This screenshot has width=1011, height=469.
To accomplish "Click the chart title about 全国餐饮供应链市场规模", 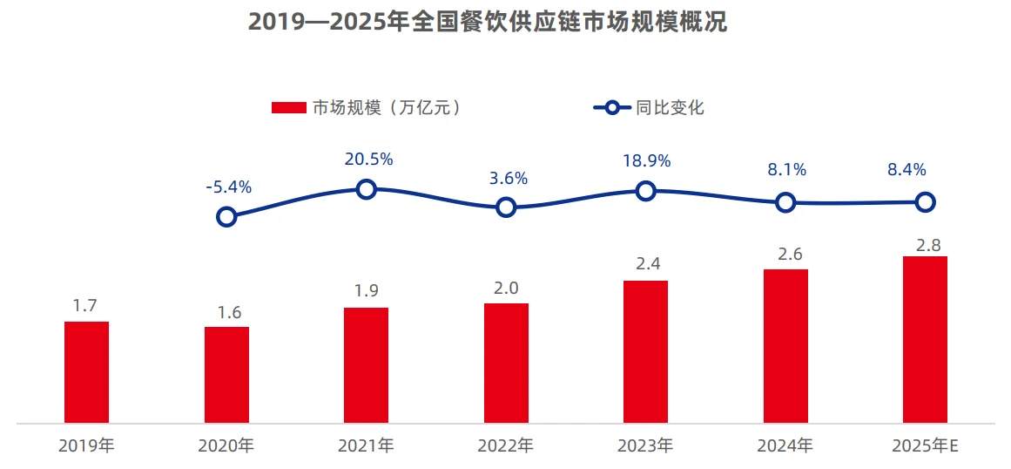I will tap(488, 22).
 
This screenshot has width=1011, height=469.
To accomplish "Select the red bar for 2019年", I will tap(87, 372).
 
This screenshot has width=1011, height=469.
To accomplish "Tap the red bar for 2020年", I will tap(226, 375).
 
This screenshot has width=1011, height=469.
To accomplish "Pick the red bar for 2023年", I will tap(645, 351).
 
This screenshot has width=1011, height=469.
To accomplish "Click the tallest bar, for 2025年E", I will tap(925, 340).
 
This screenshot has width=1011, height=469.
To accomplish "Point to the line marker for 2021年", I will tap(367, 189).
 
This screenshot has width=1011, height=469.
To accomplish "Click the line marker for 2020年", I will tap(226, 216).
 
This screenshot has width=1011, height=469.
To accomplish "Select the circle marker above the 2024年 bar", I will tap(785, 202).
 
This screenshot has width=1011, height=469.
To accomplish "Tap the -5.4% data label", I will tap(228, 187).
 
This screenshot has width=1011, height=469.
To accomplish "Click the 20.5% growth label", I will tap(368, 160).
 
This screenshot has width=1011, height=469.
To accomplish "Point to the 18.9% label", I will tap(647, 161).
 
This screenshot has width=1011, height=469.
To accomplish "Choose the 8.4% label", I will tap(907, 170).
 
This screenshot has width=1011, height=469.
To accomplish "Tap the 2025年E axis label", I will tap(925, 446).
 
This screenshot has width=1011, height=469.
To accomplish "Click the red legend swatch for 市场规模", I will tap(286, 108).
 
